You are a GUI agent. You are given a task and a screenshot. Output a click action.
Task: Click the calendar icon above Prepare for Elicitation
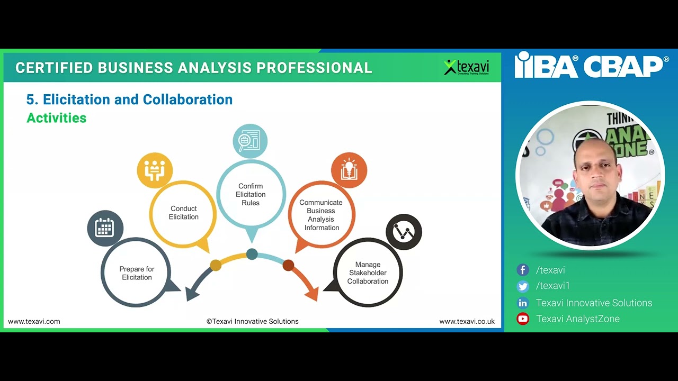[105, 228]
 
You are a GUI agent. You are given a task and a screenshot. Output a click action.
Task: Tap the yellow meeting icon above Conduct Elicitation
[155, 170]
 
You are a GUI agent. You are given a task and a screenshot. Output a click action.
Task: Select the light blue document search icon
[250, 141]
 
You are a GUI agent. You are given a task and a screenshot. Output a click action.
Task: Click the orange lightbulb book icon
[349, 170]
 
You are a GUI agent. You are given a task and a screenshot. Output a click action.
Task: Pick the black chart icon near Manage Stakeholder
[404, 232]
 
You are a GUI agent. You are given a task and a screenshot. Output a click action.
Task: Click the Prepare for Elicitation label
[137, 273]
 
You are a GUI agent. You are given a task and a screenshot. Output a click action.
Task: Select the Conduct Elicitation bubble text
[184, 213]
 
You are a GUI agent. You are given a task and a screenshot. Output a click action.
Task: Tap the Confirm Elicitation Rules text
[251, 194]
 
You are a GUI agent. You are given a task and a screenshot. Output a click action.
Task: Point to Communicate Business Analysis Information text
[321, 215]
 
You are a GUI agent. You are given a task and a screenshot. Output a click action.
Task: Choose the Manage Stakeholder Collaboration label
[368, 273]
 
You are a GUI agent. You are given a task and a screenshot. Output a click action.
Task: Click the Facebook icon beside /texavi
[523, 270]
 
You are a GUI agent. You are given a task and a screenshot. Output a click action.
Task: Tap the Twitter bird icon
[523, 286]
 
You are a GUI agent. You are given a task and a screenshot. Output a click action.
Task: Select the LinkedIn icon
[523, 303]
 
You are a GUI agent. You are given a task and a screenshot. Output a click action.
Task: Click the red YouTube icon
[523, 319]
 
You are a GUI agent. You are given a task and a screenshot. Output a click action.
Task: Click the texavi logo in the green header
[467, 67]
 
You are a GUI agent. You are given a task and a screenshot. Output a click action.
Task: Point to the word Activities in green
[56, 118]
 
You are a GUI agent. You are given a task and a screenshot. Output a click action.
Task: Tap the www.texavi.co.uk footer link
[467, 321]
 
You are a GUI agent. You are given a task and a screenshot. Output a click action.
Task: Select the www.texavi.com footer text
[34, 321]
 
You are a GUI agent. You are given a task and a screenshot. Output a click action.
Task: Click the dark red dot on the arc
[288, 265]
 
